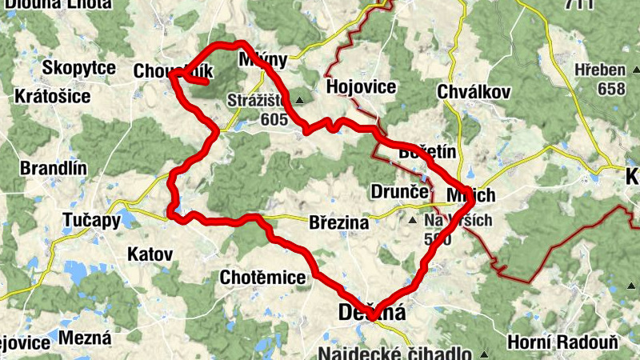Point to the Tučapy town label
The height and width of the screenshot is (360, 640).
91,219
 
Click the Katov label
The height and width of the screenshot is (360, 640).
150,254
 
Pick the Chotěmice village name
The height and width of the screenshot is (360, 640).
262,278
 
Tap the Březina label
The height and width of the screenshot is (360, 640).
338,223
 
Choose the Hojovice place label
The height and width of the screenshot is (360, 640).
361,87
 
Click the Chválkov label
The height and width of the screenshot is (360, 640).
474,92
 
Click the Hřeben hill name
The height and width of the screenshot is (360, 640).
599,70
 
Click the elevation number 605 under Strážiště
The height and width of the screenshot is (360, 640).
274,118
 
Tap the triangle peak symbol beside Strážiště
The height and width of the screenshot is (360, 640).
299,101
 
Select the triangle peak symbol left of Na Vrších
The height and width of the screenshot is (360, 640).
413,219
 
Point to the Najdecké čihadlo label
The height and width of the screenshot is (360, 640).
395,354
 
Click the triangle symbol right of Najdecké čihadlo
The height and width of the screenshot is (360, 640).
483,353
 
